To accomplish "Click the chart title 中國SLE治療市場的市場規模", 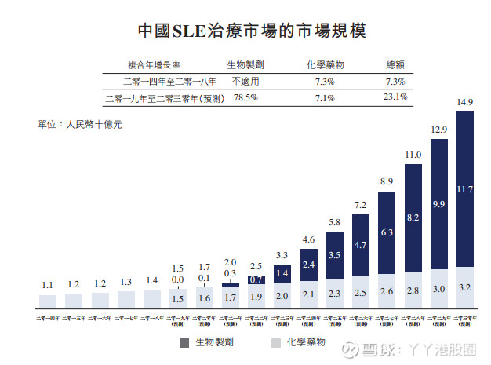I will click(246, 31).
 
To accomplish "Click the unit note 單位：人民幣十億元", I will click(80, 124).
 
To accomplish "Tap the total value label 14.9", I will click(464, 103).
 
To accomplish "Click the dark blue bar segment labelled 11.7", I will click(464, 188).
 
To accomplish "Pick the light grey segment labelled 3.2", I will click(464, 287).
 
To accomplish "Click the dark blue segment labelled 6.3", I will click(387, 232).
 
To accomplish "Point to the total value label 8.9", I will click(387, 182).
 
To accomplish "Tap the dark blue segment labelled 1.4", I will click(283, 273).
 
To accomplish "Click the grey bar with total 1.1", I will click(49, 300).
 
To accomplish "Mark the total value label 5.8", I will click(335, 223).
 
